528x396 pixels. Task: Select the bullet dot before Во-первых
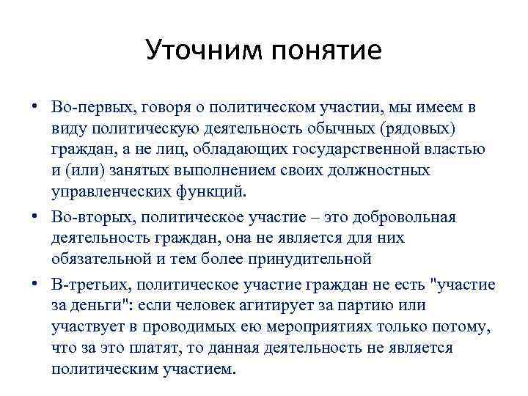[x=34, y=107]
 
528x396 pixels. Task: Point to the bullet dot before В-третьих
[x=34, y=284]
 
